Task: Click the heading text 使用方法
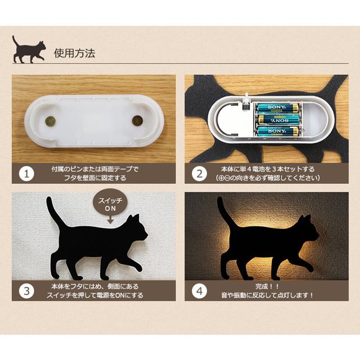[x=74, y=53]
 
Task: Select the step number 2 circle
[x=199, y=173]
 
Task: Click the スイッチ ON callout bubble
[x=110, y=205]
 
